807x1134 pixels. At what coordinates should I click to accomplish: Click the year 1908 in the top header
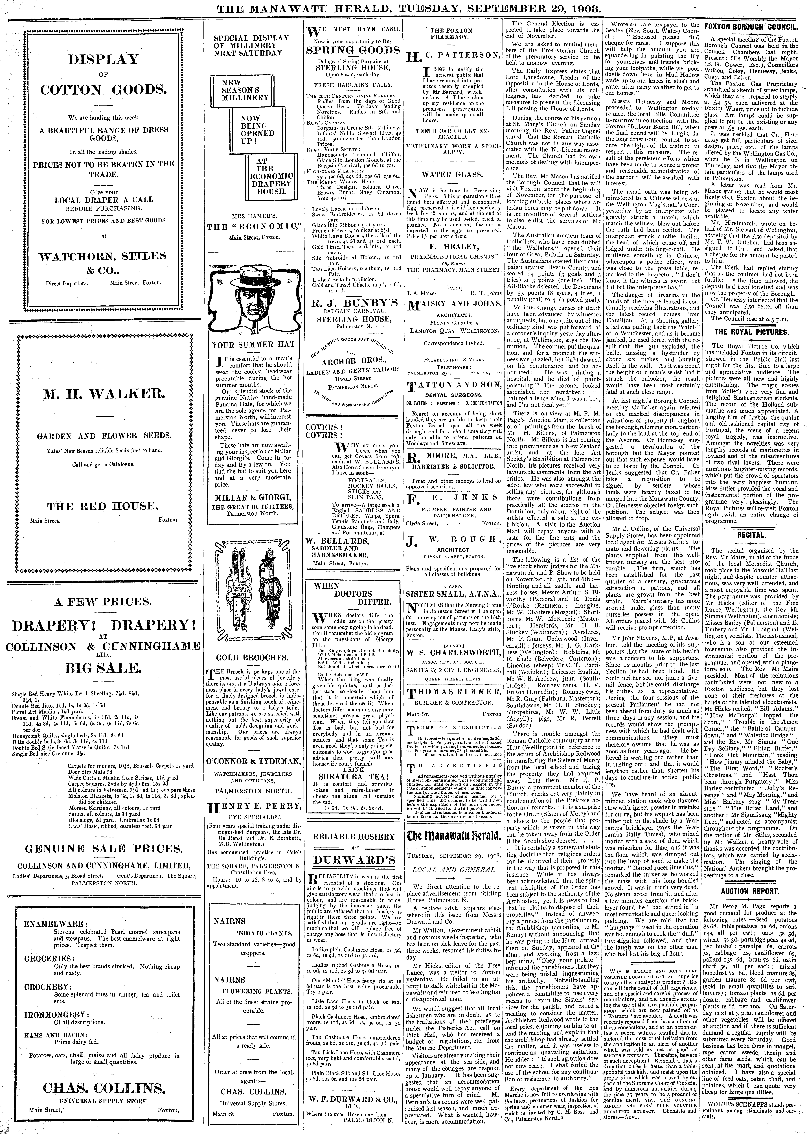573,8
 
